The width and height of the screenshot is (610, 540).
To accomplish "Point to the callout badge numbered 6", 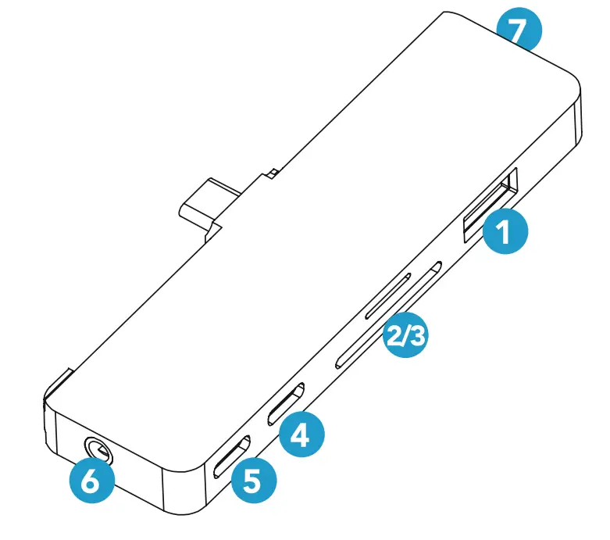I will click(x=91, y=484).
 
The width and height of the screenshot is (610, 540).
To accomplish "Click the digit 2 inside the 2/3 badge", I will click(x=394, y=338).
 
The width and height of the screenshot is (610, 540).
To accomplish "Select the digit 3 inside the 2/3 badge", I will click(x=419, y=338).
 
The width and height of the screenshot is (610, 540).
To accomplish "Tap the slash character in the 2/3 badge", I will click(x=406, y=338).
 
